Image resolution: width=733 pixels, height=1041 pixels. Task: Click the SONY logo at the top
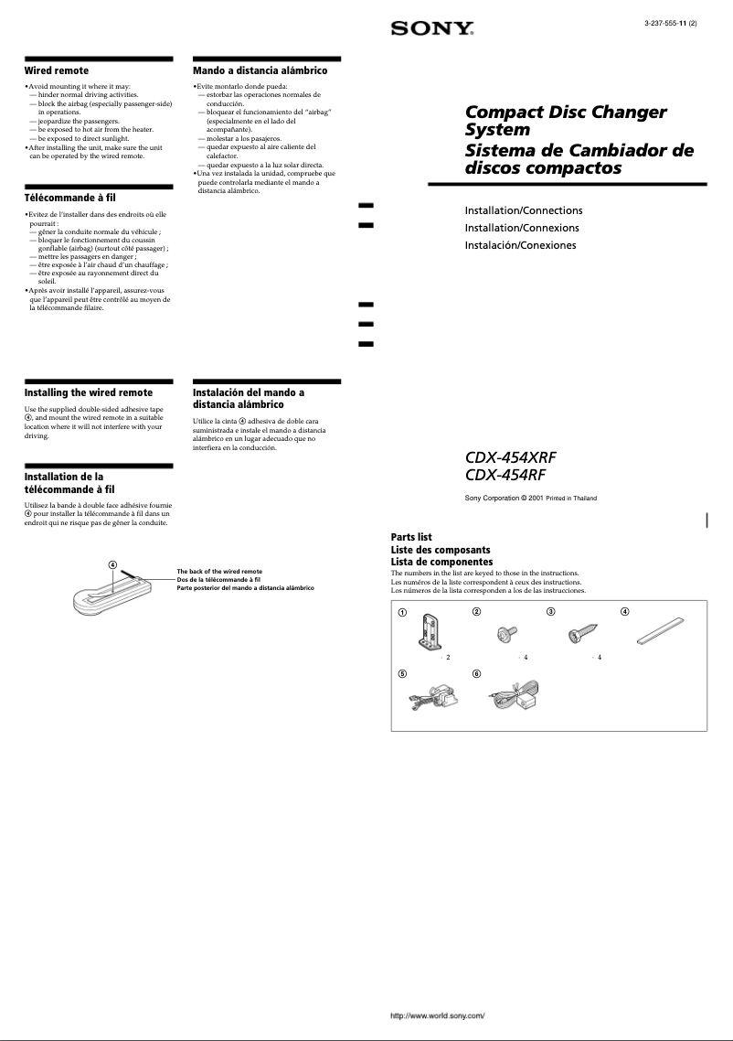[432, 29]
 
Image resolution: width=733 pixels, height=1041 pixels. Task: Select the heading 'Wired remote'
[56, 70]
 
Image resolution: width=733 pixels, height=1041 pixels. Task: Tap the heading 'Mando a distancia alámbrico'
[260, 70]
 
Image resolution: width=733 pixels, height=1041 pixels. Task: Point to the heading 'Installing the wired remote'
[88, 392]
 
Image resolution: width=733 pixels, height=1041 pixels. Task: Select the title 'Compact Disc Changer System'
[565, 121]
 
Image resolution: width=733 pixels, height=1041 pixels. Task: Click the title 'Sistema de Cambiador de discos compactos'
[579, 159]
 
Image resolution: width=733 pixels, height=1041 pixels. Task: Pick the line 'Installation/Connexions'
[522, 228]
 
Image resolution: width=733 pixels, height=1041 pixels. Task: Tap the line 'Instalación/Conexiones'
[521, 245]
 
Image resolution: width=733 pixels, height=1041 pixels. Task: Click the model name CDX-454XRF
[510, 457]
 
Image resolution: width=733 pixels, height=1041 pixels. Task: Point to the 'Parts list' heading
[411, 537]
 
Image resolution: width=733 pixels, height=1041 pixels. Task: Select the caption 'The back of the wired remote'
[219, 572]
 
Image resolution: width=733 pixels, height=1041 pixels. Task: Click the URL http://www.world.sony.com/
[437, 1016]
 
